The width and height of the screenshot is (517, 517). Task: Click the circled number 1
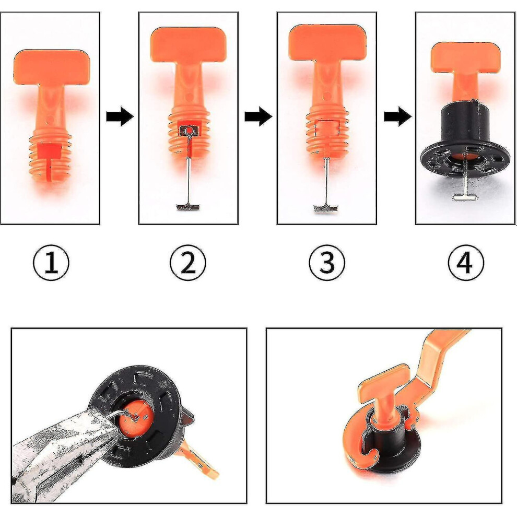51,263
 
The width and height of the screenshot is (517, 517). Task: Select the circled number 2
188,263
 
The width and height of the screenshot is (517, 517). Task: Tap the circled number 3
327,263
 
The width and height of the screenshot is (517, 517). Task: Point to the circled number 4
466,263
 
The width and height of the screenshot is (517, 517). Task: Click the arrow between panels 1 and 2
120,116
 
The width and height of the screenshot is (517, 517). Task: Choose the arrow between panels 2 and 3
258,116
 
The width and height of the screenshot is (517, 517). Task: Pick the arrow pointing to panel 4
397,116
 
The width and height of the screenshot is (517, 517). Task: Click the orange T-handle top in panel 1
52,67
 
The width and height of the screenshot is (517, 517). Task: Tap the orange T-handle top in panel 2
189,44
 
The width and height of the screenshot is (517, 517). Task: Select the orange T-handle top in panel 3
327,42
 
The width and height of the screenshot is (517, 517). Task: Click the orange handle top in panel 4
466,57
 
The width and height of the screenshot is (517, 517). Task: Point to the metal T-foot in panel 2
189,207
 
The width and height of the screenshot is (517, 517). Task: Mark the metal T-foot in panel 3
326,208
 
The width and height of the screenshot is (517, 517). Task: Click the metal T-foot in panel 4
465,196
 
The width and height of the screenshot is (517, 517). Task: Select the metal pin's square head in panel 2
189,131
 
